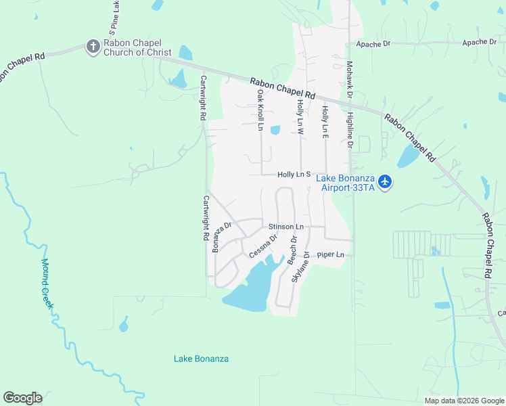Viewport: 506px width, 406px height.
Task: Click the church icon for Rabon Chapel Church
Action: pos(93,46)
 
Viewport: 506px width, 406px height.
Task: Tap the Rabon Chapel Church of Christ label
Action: pos(138,47)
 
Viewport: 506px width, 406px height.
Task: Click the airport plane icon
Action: pos(385,181)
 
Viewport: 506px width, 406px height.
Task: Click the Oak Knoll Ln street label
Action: pos(260,107)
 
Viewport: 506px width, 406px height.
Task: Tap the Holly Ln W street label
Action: pos(300,116)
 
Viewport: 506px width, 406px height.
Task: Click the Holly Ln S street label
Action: pos(294,175)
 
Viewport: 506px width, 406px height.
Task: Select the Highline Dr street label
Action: pos(350,131)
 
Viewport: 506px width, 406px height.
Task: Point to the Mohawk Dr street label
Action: pos(350,80)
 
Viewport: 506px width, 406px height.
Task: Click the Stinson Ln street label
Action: pos(286,226)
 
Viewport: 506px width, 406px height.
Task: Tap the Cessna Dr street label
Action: pos(263,246)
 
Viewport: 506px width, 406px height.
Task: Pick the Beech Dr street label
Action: pos(293,250)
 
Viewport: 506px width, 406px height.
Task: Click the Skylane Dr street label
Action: pos(300,267)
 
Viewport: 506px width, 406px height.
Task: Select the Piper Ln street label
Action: pos(331,255)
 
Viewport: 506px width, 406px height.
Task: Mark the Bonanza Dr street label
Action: pos(223,237)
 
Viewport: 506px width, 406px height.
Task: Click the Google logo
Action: pos(22,398)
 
